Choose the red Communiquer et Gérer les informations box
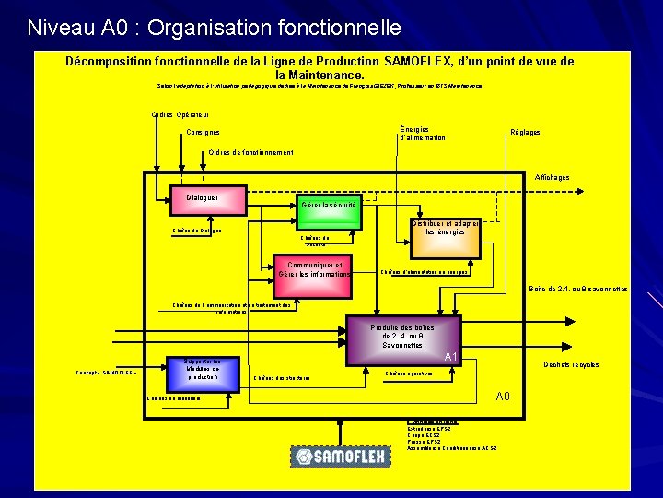pyautogui.click(x=314, y=268)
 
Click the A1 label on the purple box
pyautogui.click(x=451, y=357)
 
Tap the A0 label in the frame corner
pyautogui.click(x=503, y=397)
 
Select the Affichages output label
pyautogui.click(x=552, y=177)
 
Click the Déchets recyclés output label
pyautogui.click(x=572, y=364)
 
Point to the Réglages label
pyautogui.click(x=525, y=133)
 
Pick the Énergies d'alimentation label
pyautogui.click(x=423, y=133)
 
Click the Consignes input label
pyautogui.click(x=203, y=133)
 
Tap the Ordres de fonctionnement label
pyautogui.click(x=250, y=152)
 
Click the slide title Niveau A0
pyautogui.click(x=214, y=28)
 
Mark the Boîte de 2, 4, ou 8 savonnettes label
pyautogui.click(x=577, y=289)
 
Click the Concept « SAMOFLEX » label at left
pyautogui.click(x=106, y=372)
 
